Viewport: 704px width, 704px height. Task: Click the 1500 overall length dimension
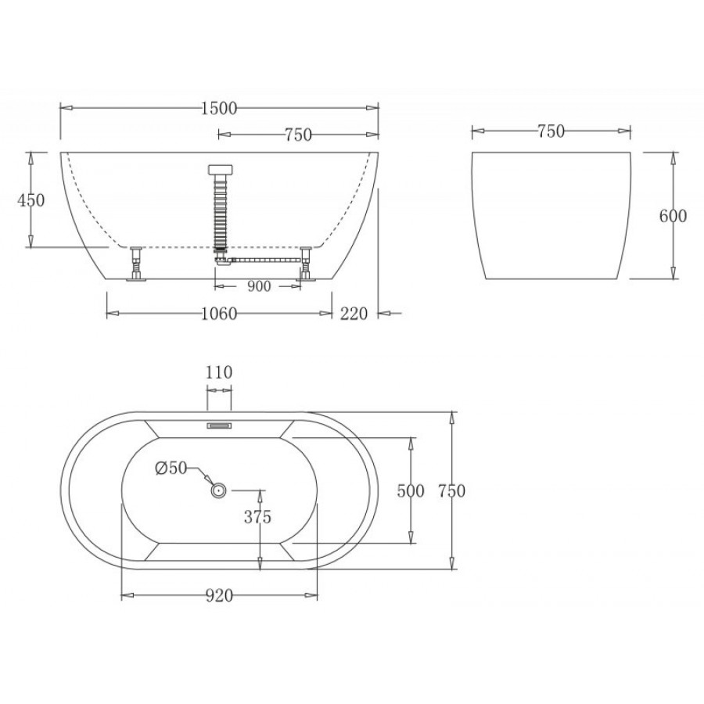[x=219, y=108]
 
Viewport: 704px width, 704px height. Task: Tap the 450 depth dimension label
[x=31, y=200]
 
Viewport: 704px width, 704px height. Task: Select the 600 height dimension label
[x=673, y=216]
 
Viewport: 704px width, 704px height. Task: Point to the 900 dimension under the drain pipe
[x=259, y=286]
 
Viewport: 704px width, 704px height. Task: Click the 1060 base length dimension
[x=219, y=314]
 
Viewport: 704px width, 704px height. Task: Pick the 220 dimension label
[x=354, y=314]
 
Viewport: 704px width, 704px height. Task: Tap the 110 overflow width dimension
[x=219, y=372]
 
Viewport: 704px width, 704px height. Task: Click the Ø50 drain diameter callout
[x=171, y=468]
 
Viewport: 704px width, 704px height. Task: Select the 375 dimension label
[x=257, y=517]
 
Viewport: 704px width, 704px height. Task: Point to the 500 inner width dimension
[x=411, y=490]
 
